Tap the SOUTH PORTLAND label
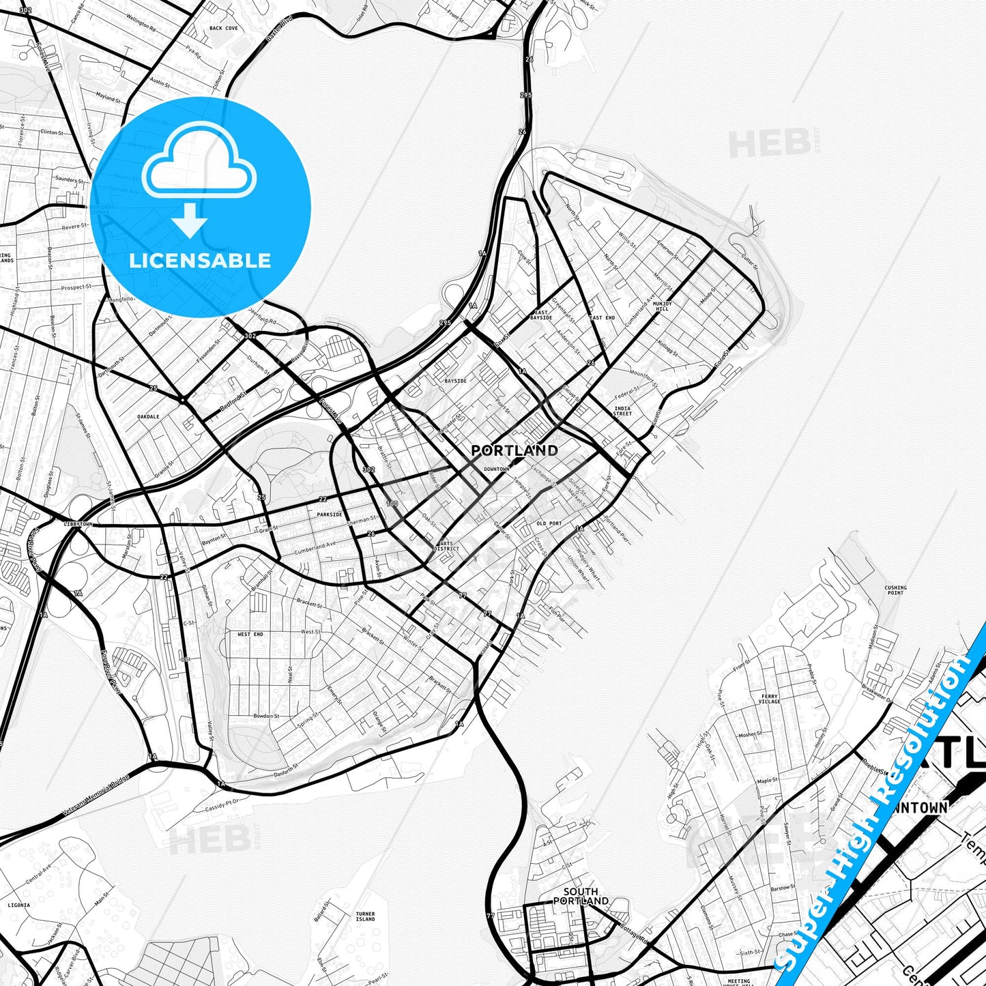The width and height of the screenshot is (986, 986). [581, 896]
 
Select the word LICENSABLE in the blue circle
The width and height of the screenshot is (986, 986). [200, 260]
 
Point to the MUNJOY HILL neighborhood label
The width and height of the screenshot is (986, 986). [662, 306]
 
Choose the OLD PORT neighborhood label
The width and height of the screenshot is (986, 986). [549, 523]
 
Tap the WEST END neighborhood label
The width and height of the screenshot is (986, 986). [250, 635]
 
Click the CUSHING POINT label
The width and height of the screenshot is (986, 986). [895, 590]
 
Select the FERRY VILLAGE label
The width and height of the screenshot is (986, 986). [769, 699]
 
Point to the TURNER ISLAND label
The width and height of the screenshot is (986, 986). [365, 916]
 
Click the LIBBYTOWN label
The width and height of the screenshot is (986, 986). [77, 524]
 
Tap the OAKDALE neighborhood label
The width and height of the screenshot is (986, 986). [148, 416]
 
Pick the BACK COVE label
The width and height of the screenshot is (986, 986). [224, 28]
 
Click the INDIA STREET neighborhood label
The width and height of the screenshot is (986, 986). [622, 411]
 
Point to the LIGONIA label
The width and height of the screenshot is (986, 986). [18, 905]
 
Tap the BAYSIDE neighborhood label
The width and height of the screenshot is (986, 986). [455, 381]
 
